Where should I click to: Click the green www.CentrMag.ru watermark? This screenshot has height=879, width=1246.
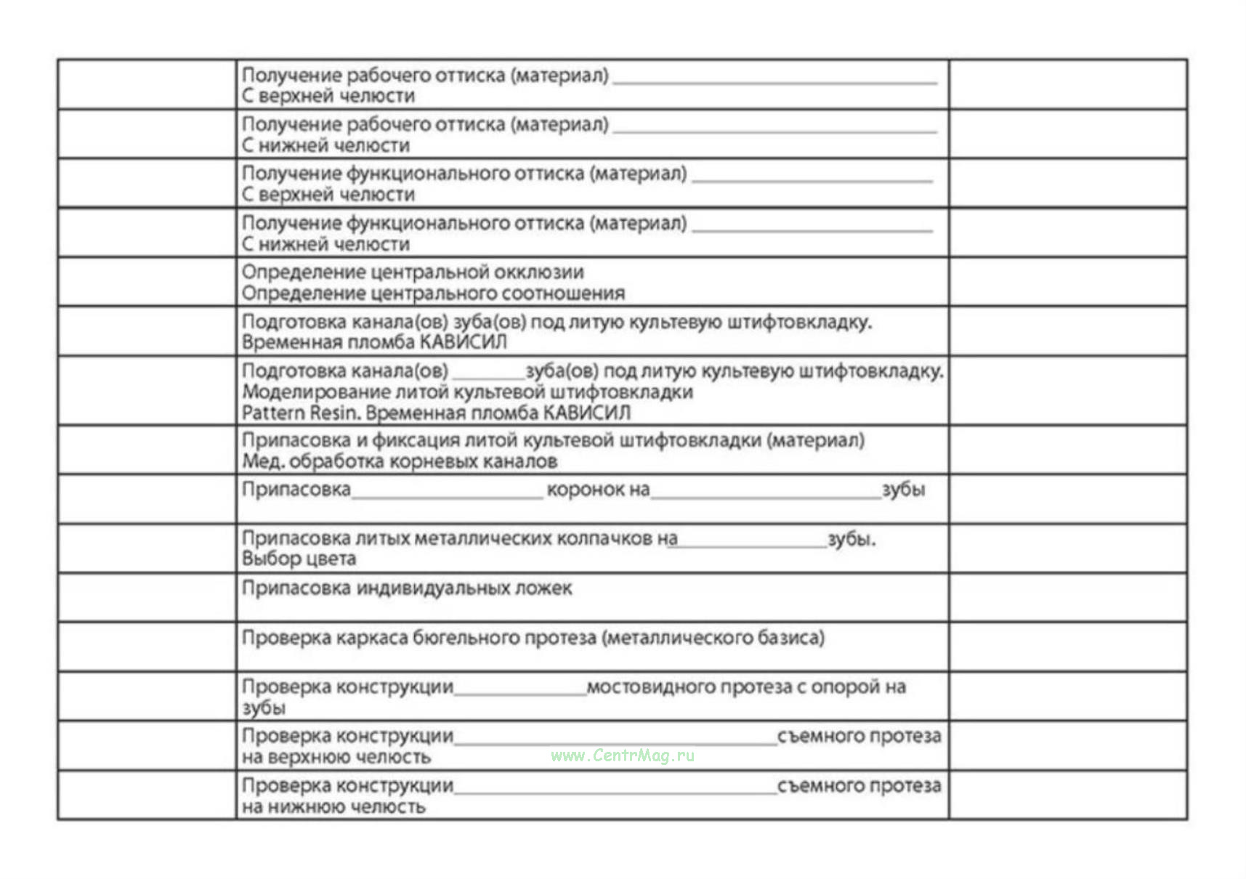click(622, 756)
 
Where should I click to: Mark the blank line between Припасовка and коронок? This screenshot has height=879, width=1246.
click(447, 496)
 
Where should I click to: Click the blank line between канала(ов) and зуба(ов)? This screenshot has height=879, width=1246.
click(488, 377)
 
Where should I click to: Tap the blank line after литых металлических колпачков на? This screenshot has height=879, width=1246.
click(747, 545)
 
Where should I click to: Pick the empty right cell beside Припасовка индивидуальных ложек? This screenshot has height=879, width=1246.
click(1067, 597)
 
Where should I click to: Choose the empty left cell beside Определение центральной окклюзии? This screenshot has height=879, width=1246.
click(147, 282)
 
